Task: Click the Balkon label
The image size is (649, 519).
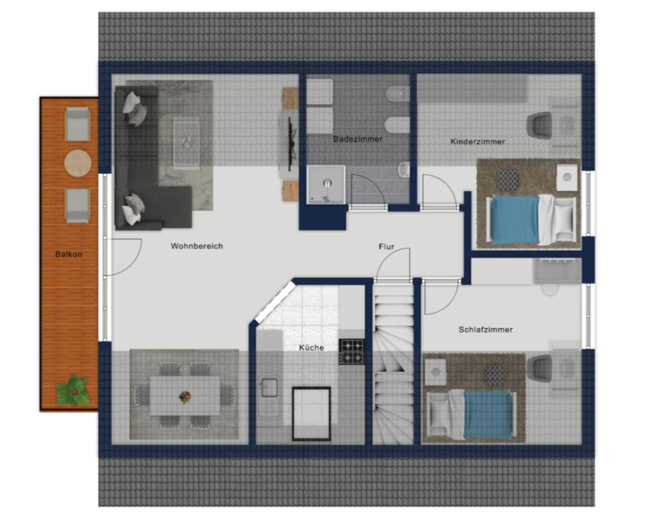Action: [x=69, y=254]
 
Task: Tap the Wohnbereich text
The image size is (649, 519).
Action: [x=197, y=246]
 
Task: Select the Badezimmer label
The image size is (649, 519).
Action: [x=358, y=139]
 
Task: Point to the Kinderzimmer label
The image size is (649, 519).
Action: [x=478, y=141]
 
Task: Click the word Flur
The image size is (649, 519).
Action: [x=386, y=247]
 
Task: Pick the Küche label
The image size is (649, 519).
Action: [x=312, y=348]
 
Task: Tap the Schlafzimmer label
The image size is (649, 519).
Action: [x=486, y=329]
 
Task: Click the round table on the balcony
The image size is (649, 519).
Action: [x=78, y=163]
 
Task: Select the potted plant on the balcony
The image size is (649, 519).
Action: [x=73, y=391]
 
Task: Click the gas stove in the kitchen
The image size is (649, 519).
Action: [x=351, y=351]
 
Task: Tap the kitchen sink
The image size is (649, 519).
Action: [x=269, y=388]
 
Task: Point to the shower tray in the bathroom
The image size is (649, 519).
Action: [x=326, y=185]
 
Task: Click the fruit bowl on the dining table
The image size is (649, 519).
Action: [x=185, y=397]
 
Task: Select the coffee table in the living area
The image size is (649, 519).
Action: [x=186, y=143]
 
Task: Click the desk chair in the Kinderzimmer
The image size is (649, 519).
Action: [x=539, y=125]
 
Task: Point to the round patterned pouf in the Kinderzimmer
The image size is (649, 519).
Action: [x=508, y=180]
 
